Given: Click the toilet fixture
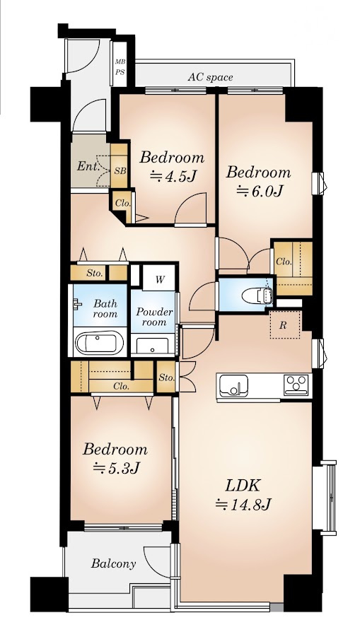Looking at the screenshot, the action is click(257, 296).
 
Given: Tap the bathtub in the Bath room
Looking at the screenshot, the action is click(99, 343).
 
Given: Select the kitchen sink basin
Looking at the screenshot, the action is click(234, 385).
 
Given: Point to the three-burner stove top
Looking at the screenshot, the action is click(296, 385).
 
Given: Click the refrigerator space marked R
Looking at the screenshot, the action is click(284, 324).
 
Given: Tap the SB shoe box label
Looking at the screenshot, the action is click(120, 171).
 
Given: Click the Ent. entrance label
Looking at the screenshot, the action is click(88, 166).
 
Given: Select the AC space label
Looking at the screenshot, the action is click(210, 77).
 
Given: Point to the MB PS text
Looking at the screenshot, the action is click(120, 67).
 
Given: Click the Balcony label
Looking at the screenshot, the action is click(113, 563).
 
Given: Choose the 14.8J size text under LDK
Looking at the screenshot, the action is click(243, 504).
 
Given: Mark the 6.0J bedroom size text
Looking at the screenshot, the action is click(258, 191).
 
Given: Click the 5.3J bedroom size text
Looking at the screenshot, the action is click(116, 467).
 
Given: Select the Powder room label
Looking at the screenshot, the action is click(154, 317).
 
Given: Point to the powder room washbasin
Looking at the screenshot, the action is click(152, 346).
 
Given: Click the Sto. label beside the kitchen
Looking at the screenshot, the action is click(166, 378).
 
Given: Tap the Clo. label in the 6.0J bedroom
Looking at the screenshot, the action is click(284, 262).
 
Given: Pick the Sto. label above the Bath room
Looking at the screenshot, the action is click(94, 274).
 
